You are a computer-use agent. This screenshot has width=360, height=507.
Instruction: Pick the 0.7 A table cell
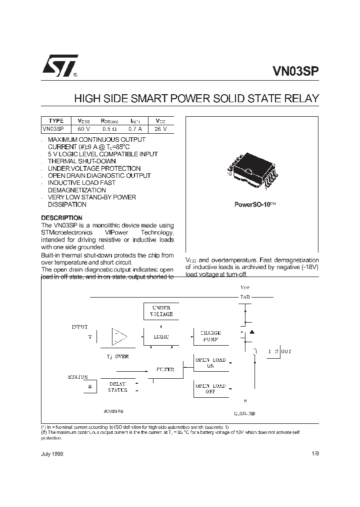click(135, 129)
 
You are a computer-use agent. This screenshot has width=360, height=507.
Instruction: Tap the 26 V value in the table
click(160, 129)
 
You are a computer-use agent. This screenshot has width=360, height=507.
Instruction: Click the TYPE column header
click(56, 121)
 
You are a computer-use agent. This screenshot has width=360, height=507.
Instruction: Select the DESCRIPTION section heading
click(61, 218)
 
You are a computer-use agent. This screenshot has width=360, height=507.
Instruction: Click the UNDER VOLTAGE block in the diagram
click(161, 311)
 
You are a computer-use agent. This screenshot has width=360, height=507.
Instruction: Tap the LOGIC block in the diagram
click(161, 337)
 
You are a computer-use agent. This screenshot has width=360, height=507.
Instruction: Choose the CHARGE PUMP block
click(210, 336)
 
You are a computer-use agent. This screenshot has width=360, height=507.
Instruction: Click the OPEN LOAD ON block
click(210, 363)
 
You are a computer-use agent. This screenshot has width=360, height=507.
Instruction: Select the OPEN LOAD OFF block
click(210, 389)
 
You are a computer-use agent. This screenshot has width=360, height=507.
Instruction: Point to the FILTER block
click(165, 370)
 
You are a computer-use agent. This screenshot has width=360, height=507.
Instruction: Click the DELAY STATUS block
click(118, 387)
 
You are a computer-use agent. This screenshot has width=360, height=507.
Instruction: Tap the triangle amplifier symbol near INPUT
click(119, 337)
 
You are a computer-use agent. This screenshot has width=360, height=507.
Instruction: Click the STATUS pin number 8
click(90, 386)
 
